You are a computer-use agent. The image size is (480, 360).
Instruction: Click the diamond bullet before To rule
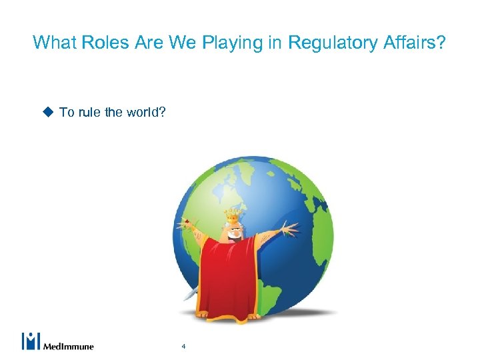(48, 112)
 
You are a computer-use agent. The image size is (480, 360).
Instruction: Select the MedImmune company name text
(69, 346)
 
